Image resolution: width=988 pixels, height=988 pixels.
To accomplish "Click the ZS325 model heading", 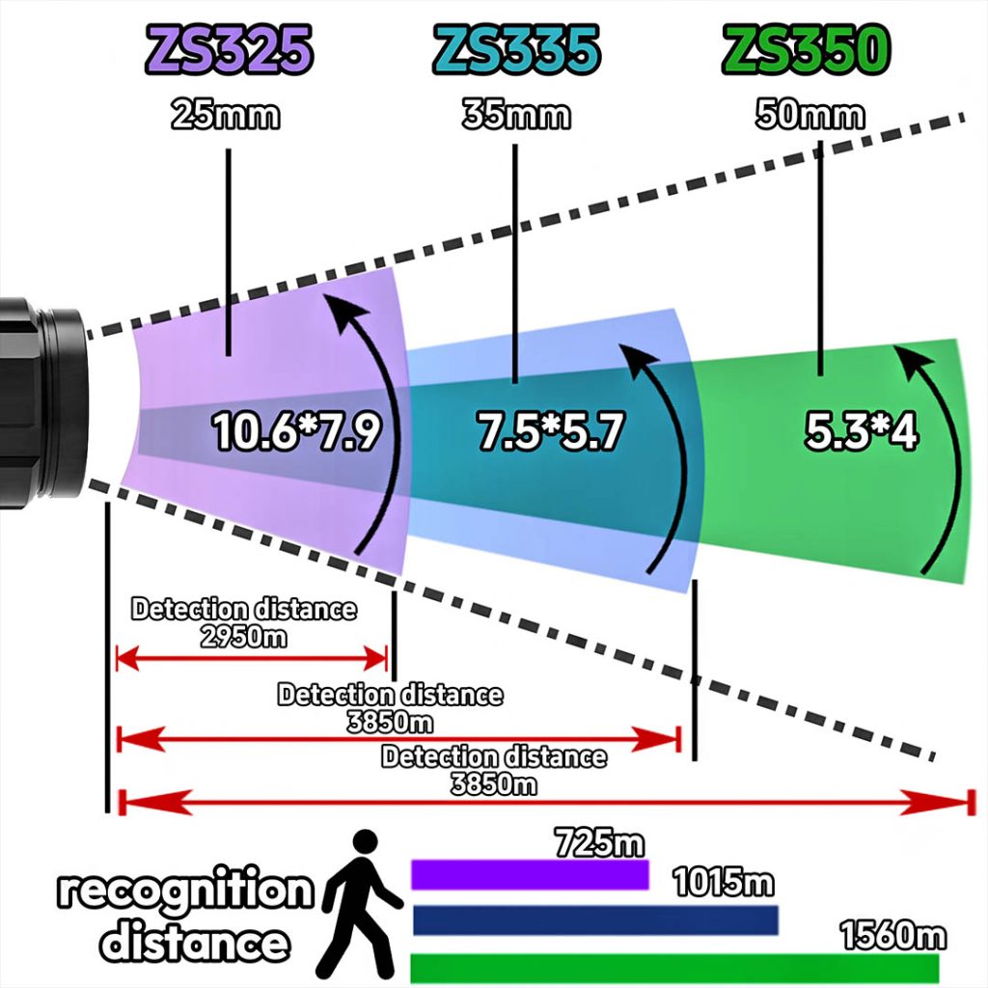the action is [x=229, y=50].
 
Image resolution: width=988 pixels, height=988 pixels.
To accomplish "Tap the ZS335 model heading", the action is [x=516, y=50].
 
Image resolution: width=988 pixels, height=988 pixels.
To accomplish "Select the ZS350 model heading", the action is [x=806, y=50].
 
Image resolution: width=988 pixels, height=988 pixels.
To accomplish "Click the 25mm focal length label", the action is [x=226, y=116].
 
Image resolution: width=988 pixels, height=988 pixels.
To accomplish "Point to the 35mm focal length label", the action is [x=516, y=116].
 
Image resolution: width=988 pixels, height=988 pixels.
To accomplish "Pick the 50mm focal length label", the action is [x=810, y=116].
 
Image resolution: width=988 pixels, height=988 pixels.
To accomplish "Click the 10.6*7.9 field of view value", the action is [x=297, y=431].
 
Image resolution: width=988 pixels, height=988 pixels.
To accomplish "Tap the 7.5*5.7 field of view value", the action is [x=549, y=431].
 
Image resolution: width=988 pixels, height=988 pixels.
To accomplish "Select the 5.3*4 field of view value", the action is [x=862, y=431].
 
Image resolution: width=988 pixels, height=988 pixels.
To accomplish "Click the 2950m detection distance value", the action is [x=244, y=637].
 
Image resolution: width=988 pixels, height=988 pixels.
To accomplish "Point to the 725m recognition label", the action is [x=600, y=842].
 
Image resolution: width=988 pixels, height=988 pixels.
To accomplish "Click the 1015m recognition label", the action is [x=724, y=882].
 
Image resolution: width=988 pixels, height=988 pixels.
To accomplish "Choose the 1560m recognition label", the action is [x=893, y=934].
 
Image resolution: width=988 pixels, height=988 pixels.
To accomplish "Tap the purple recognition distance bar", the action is [x=530, y=874].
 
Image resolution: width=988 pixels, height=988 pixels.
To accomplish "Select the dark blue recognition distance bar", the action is [x=595, y=919].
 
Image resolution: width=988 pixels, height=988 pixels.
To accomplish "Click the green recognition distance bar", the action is [x=674, y=969].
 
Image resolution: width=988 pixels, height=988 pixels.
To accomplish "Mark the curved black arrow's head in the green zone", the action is [x=913, y=359].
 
